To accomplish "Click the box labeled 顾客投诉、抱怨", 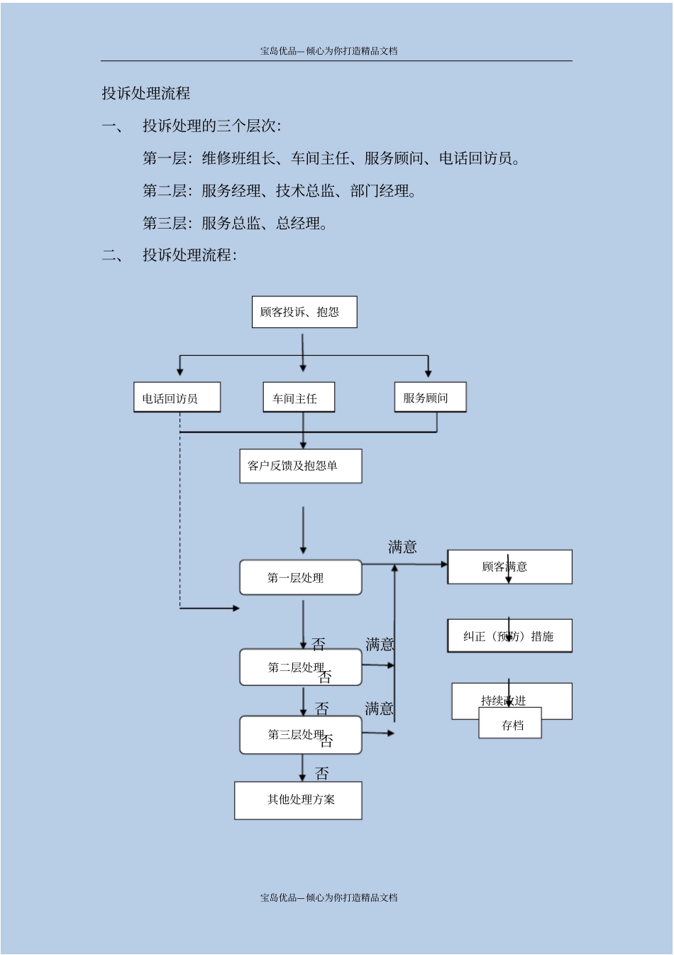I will coord(304,312).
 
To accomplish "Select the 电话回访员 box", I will coord(177,398).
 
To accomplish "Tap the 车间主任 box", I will coord(299,398).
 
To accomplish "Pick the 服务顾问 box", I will coord(430,397).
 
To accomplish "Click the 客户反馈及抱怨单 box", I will coord(300,466).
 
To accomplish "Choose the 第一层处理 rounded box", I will coord(300,577).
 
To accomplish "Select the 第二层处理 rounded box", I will coord(300,667).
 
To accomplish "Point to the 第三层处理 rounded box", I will coord(300,735).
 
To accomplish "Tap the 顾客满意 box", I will coord(509,567).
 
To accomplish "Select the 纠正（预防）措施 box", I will coord(509,636).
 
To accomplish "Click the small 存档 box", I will coord(511,725).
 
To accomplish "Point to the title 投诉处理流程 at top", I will coord(146,93).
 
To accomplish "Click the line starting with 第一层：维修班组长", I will coord(332,158).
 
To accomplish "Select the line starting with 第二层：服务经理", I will coord(280,190).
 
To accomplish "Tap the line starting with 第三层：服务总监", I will coord(236,223).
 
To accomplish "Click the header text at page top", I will coord(328,50).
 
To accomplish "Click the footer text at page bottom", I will coord(328,897).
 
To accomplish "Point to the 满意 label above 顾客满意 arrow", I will coord(402,547).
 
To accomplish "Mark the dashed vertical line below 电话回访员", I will coord(179,518).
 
